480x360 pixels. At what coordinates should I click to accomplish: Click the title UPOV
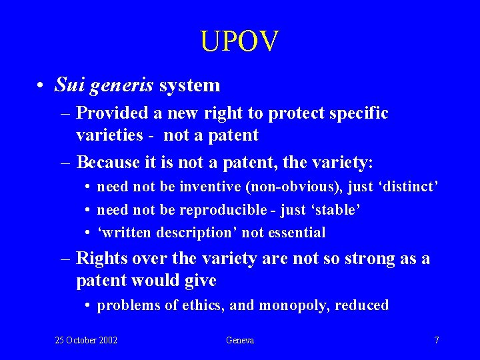click(x=239, y=41)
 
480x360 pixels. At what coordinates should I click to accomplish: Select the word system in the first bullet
click(x=189, y=85)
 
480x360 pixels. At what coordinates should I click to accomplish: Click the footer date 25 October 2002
click(x=86, y=340)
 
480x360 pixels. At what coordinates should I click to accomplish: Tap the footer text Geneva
click(x=240, y=340)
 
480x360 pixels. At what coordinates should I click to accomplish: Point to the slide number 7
click(x=436, y=340)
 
